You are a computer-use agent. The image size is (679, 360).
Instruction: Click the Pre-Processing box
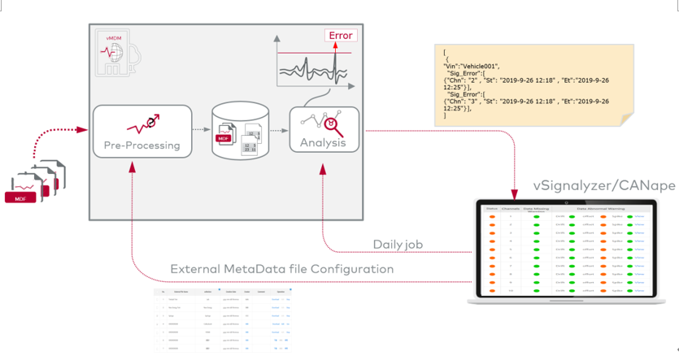pyautogui.click(x=142, y=130)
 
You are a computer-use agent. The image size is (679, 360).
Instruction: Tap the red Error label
pyautogui.click(x=341, y=36)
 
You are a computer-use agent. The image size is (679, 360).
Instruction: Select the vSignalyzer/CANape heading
pyautogui.click(x=603, y=186)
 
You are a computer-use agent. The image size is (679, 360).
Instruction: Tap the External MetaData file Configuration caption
pyautogui.click(x=281, y=269)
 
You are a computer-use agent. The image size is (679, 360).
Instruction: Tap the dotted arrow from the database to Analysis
pyautogui.click(x=278, y=130)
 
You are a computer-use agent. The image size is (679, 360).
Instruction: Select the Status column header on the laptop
pyautogui.click(x=491, y=209)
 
